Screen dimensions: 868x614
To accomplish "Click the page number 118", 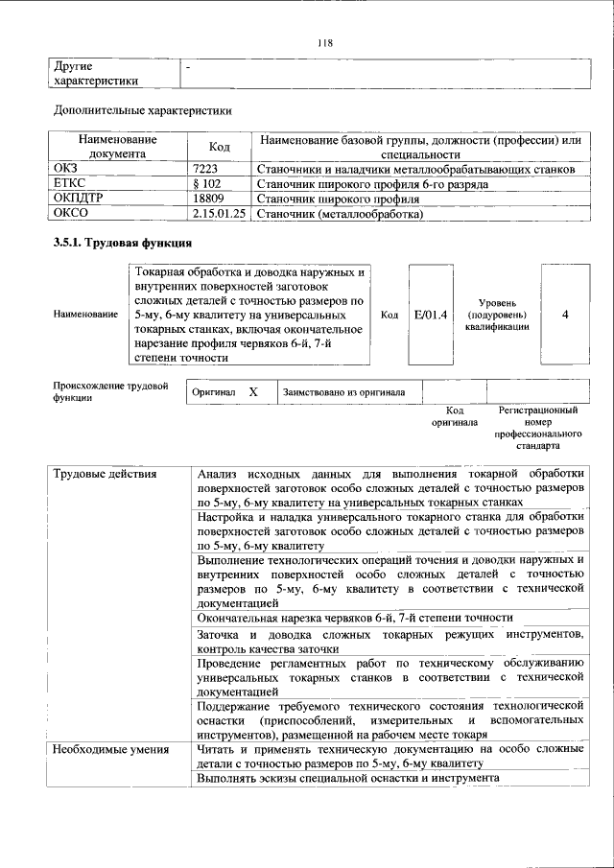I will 323,42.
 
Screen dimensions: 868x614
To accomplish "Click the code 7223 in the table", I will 206,169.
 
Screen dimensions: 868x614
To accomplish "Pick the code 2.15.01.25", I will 220,214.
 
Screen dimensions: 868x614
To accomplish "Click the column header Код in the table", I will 220,147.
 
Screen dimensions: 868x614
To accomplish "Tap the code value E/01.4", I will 431,314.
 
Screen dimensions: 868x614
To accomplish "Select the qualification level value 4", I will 565,314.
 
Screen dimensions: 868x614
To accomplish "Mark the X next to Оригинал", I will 253,392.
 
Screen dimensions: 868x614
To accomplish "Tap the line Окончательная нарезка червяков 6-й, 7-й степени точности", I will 355,618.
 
